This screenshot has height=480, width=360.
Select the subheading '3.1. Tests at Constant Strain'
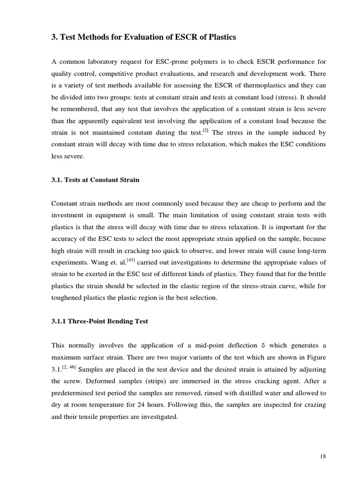(x=95, y=180)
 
